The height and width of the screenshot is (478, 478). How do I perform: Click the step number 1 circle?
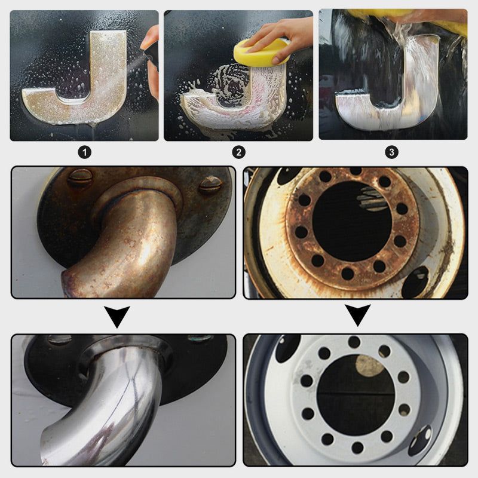(x=85, y=152)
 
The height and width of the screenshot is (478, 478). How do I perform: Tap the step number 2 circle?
(x=238, y=152)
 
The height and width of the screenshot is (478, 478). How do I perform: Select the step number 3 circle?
(x=392, y=152)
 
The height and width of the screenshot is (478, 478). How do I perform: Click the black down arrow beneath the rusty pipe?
(x=118, y=315)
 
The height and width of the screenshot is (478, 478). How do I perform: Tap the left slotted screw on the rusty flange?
(x=79, y=178)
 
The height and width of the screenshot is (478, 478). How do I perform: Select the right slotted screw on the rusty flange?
(x=210, y=186)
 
